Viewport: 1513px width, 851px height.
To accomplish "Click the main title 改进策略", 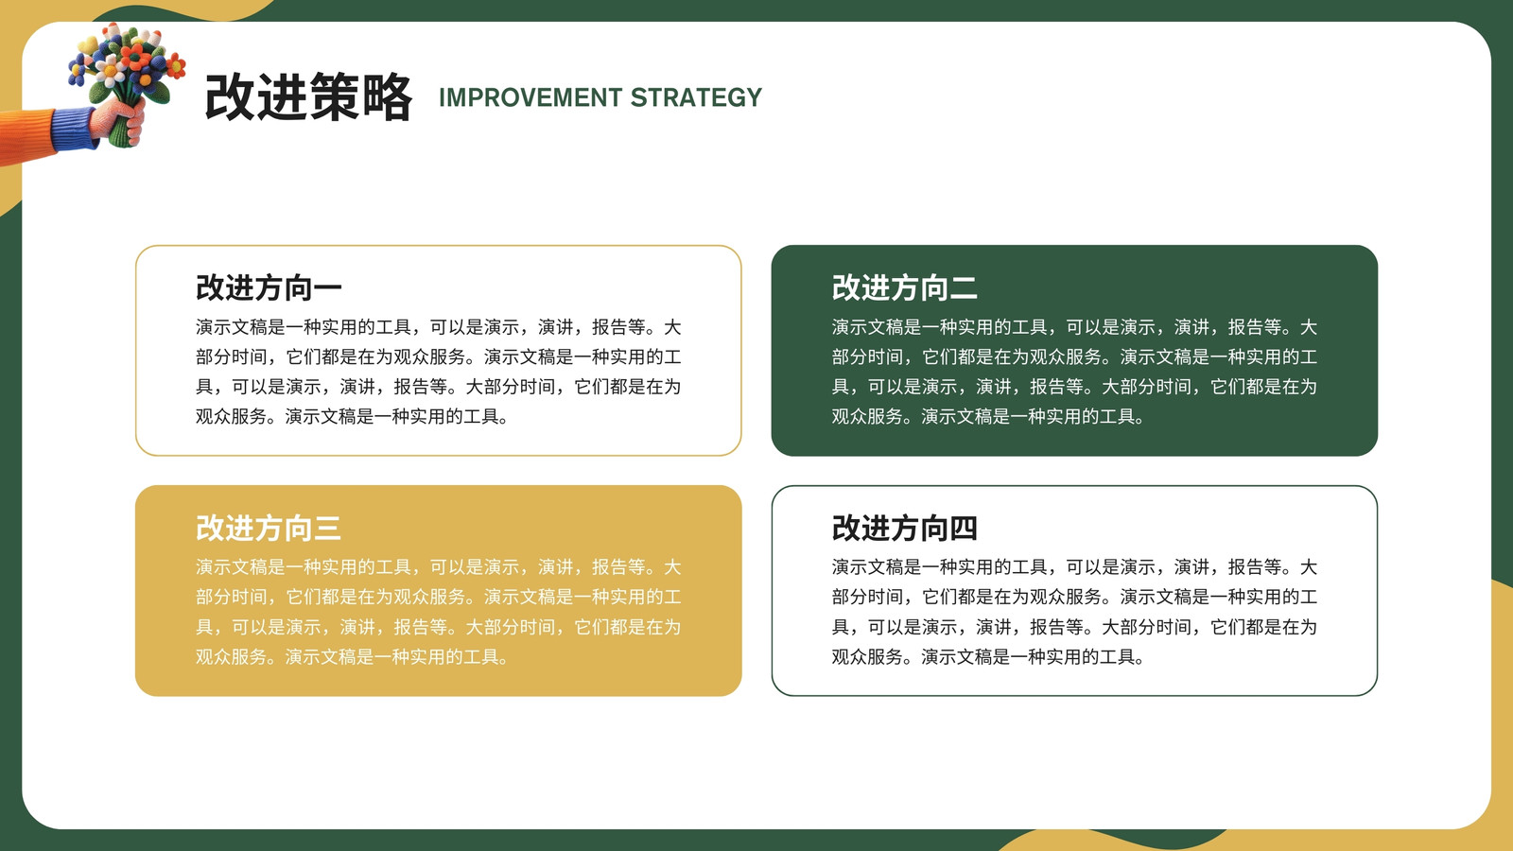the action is click(x=308, y=98).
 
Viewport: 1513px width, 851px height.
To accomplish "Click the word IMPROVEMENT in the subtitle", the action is click(x=530, y=98).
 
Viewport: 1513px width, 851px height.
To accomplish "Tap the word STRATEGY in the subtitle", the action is click(x=696, y=98).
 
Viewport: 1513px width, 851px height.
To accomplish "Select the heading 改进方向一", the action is click(x=269, y=287).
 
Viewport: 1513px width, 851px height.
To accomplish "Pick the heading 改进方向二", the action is click(x=904, y=287).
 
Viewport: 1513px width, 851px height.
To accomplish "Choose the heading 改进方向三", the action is click(x=269, y=528).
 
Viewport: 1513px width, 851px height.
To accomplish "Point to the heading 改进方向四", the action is click(x=904, y=528).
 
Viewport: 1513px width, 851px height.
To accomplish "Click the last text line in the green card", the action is click(x=987, y=417).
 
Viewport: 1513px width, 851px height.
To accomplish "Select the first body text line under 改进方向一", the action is click(x=439, y=327).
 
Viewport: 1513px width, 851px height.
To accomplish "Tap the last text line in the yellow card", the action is click(x=352, y=657).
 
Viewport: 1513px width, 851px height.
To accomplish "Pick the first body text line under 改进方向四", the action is click(x=1074, y=567).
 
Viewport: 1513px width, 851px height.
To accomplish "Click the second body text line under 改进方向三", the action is click(x=439, y=597).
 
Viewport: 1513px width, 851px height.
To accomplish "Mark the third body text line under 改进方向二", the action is click(x=1074, y=387).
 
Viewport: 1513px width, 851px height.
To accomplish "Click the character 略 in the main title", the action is click(x=387, y=98).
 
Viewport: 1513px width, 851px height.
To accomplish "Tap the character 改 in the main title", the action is click(x=230, y=98).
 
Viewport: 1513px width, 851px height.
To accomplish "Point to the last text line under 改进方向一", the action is click(x=352, y=417).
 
